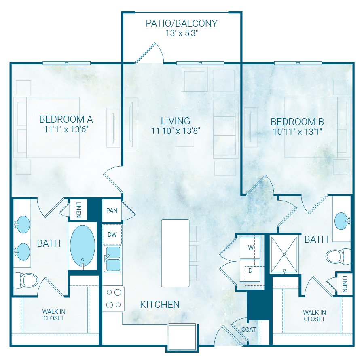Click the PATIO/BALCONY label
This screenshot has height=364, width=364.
pyautogui.click(x=182, y=23)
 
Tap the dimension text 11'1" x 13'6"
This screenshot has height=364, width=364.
pyautogui.click(x=66, y=129)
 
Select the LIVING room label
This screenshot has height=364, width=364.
pyautogui.click(x=176, y=121)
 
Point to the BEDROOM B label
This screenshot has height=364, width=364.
pyautogui.click(x=297, y=122)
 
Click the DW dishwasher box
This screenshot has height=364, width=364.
pyautogui.click(x=112, y=234)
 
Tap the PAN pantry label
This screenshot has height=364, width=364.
pyautogui.click(x=112, y=210)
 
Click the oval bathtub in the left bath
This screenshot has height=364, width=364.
pyautogui.click(x=83, y=245)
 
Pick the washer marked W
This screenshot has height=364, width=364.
pyautogui.click(x=250, y=248)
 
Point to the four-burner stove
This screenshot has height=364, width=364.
pyautogui.click(x=113, y=298)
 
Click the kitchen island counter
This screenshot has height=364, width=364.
pyautogui.click(x=175, y=253)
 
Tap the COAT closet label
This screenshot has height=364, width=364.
pyautogui.click(x=249, y=329)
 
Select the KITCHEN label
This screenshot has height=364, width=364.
pyautogui.click(x=160, y=304)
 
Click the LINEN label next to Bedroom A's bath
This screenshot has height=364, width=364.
pyautogui.click(x=78, y=209)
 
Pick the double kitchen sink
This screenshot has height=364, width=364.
pyautogui.click(x=113, y=259)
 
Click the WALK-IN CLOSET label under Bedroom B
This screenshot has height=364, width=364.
pyautogui.click(x=314, y=315)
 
